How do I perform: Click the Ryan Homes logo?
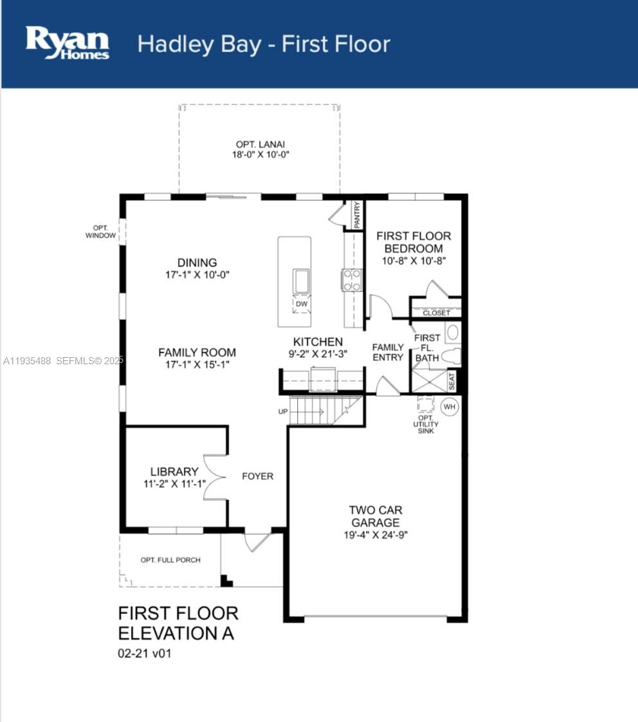point(67,43)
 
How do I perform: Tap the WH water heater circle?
point(450,407)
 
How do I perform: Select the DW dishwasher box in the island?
point(302,304)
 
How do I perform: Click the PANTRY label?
point(357,214)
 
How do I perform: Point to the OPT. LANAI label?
point(260,144)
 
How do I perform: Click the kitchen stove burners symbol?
point(351,280)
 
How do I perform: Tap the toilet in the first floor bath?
point(451,356)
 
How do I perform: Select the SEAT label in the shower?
point(451,381)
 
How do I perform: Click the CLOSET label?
point(437,313)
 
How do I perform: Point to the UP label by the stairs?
point(282,411)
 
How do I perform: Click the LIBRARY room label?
point(174,472)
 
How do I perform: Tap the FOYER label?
point(258,476)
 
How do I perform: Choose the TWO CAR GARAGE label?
point(376,516)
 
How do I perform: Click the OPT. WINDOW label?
point(100,232)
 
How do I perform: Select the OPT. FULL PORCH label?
point(170,560)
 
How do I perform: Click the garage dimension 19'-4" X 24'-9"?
point(376,535)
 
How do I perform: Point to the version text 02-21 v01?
point(145,653)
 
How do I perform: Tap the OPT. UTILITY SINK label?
point(426,425)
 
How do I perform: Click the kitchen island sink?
point(302,281)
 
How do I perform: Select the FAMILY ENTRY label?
point(388,352)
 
